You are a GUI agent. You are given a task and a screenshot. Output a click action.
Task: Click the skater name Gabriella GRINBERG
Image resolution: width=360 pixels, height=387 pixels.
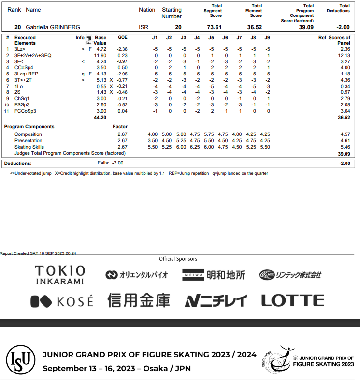[x=53, y=27]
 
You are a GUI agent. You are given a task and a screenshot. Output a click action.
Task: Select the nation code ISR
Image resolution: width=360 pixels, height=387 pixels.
[x=144, y=27]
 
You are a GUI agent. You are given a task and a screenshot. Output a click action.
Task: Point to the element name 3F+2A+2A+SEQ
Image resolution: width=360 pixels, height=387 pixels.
[x=33, y=56]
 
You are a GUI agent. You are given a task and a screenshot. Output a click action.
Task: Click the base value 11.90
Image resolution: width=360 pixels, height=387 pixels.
[x=100, y=56]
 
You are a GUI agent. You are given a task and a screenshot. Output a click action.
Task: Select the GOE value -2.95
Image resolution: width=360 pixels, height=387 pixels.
[x=122, y=74]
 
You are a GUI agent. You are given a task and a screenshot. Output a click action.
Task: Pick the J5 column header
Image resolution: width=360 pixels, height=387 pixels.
[x=211, y=37]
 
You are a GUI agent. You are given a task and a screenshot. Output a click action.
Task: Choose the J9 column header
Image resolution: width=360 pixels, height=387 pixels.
[x=267, y=37]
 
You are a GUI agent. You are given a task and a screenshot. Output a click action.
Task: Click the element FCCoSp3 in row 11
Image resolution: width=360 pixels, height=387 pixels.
[x=26, y=111]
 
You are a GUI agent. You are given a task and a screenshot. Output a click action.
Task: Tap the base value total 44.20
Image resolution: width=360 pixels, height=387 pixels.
[x=100, y=117]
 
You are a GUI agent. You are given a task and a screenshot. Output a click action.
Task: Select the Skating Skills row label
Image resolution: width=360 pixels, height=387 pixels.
[x=29, y=147]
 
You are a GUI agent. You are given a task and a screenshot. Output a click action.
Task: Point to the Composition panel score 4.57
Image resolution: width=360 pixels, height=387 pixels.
[x=345, y=134]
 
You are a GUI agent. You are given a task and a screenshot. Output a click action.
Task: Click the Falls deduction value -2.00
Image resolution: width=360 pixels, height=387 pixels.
[x=118, y=163]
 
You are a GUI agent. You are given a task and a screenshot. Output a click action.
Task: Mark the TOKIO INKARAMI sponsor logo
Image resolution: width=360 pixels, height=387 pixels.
[x=59, y=274]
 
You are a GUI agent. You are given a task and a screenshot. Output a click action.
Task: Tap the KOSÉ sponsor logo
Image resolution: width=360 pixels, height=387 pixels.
[x=61, y=301]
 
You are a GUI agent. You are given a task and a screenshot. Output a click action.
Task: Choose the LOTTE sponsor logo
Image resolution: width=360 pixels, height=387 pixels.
[x=293, y=300]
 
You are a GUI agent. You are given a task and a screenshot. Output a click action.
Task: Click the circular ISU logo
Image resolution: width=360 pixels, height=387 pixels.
[x=20, y=360]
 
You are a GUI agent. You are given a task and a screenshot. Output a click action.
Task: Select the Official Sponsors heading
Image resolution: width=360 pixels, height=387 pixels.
[x=178, y=259]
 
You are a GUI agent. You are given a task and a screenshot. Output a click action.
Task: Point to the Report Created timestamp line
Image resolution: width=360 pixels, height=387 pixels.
[x=38, y=253]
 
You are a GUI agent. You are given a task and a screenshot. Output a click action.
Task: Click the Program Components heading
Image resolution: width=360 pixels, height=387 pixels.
[x=29, y=127]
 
